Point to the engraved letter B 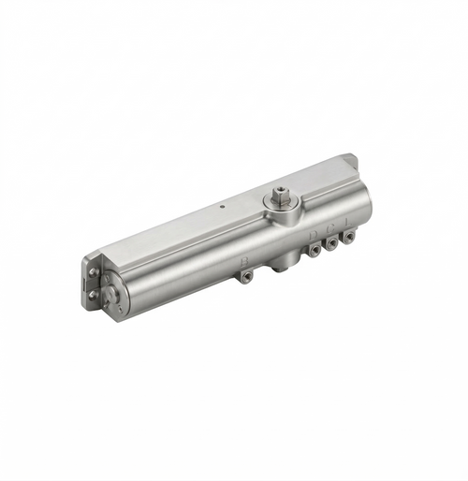[x=245, y=260]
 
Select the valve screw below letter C [x=332, y=243]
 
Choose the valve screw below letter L [x=349, y=237]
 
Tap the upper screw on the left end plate [x=94, y=272]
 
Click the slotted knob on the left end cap [x=111, y=298]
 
